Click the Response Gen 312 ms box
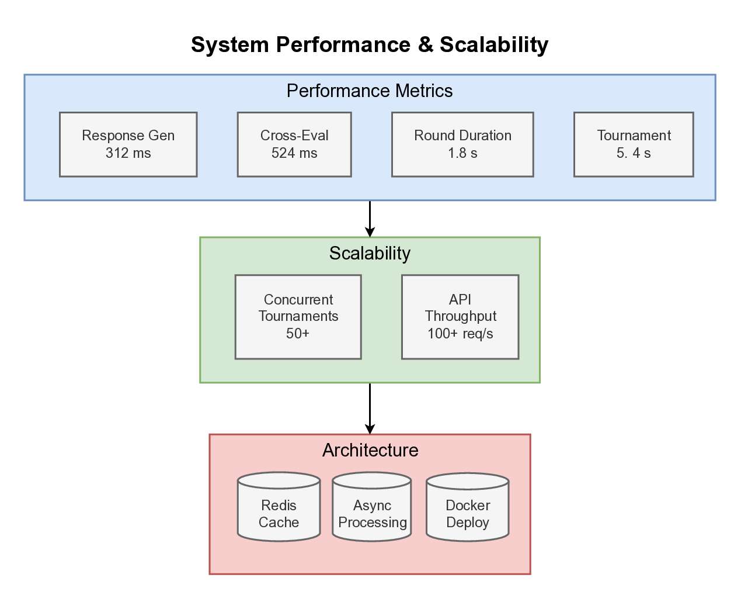tap(128, 144)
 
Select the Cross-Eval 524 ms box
tap(294, 144)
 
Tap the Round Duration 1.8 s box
tap(462, 144)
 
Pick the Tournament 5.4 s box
tap(634, 144)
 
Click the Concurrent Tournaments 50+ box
tap(298, 317)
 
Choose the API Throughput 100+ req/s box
tap(460, 317)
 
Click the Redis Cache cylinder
tap(279, 507)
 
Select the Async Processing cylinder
tap(372, 507)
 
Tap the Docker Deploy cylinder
tap(467, 507)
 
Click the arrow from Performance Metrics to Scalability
tap(370, 219)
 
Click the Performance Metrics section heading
tap(370, 91)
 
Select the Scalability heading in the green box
tap(370, 254)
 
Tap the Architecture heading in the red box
tap(370, 451)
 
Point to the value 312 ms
tap(128, 153)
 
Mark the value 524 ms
tap(294, 153)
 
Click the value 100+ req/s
tap(460, 334)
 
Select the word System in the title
tap(230, 45)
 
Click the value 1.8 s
tap(462, 153)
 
